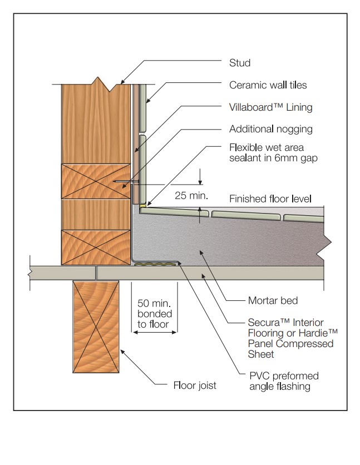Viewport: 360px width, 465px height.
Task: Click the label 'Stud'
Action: [240, 63]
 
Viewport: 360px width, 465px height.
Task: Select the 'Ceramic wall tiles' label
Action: [268, 85]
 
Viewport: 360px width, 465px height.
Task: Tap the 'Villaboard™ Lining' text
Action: [270, 107]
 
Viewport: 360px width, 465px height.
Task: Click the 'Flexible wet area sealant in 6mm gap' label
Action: [270, 153]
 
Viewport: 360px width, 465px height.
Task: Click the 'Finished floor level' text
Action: [270, 199]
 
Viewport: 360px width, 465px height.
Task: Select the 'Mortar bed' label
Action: [273, 301]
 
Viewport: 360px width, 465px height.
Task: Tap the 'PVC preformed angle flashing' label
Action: [279, 381]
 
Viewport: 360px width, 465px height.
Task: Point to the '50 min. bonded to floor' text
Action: [154, 314]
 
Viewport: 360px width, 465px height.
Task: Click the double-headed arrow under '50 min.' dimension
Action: [154, 332]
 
